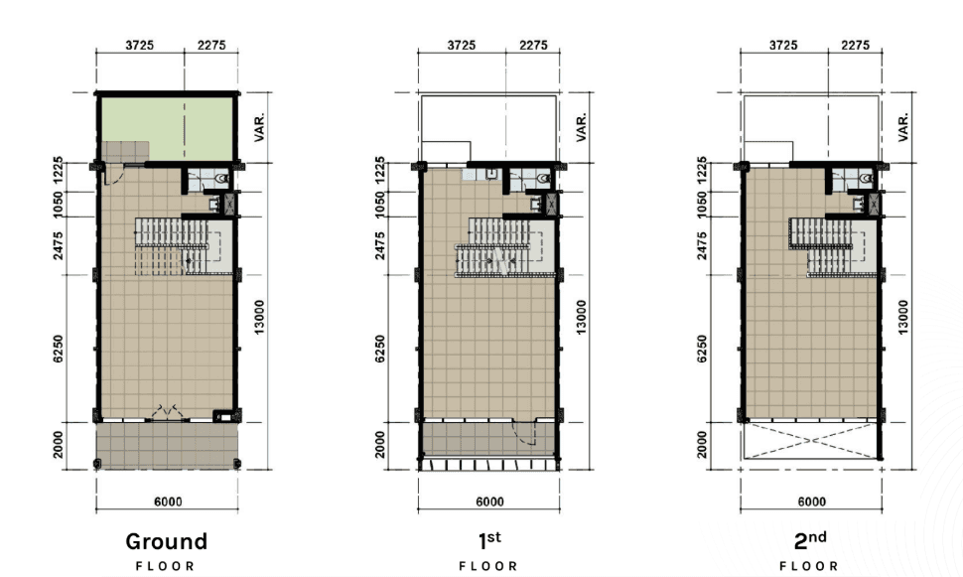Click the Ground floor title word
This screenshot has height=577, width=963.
pyautogui.click(x=167, y=541)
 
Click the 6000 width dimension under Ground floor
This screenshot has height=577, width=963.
pyautogui.click(x=168, y=502)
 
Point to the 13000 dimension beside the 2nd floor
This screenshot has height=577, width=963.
pyautogui.click(x=902, y=317)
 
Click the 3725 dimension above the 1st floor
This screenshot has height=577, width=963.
pyautogui.click(x=462, y=45)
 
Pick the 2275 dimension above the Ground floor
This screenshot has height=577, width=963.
pyautogui.click(x=211, y=45)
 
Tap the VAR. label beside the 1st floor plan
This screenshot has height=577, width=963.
pyautogui.click(x=581, y=127)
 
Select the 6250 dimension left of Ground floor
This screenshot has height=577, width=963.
pyautogui.click(x=58, y=349)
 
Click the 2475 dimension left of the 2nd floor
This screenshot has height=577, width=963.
pyautogui.click(x=702, y=245)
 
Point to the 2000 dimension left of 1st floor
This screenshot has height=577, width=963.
pyautogui.click(x=379, y=444)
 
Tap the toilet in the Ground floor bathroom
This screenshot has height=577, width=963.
pyautogui.click(x=221, y=178)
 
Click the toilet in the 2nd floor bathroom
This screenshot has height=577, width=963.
pyautogui.click(x=866, y=178)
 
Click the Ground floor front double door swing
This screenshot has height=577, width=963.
pyautogui.click(x=167, y=412)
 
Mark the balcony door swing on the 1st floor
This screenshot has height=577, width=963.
pyautogui.click(x=525, y=433)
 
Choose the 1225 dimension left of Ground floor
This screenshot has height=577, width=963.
pyautogui.click(x=58, y=170)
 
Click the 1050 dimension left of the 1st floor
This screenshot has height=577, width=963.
pyautogui.click(x=379, y=204)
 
